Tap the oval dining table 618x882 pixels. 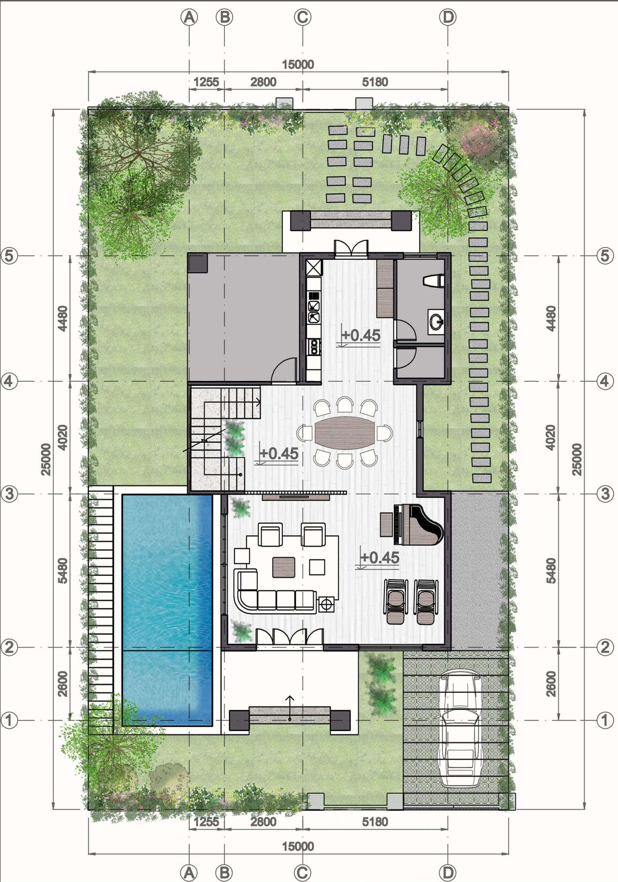[345, 433]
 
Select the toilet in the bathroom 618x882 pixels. [434, 280]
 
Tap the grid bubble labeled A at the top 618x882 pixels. [189, 17]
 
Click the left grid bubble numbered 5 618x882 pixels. [9, 255]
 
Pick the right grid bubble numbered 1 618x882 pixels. [605, 720]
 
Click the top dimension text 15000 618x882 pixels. [298, 64]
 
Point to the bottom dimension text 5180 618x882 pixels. [375, 822]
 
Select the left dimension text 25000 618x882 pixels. [46, 460]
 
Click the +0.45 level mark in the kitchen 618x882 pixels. [361, 335]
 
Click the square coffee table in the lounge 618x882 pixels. [284, 567]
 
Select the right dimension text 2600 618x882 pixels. [551, 684]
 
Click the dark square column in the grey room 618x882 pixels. [198, 263]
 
